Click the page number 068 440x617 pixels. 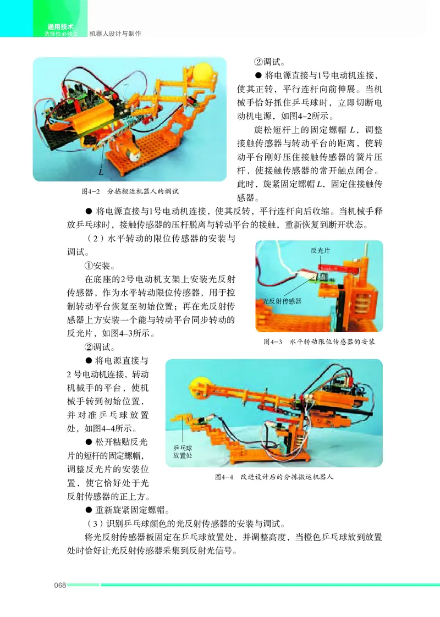(x=59, y=585)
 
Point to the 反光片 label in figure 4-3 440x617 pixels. (x=321, y=250)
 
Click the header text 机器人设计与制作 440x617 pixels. (x=115, y=34)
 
